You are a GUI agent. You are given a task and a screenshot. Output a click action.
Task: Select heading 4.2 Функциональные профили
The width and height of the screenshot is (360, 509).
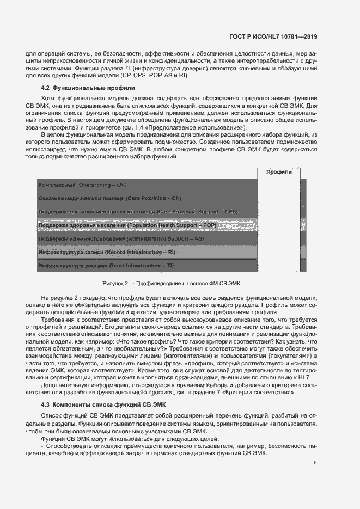(88, 88)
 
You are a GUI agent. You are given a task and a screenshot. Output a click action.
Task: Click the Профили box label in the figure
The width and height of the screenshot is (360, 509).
(278, 172)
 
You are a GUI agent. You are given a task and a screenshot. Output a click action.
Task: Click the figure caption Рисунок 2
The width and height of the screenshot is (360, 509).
(175, 284)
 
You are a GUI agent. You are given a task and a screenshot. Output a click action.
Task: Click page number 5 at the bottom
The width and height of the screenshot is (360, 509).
(315, 463)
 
